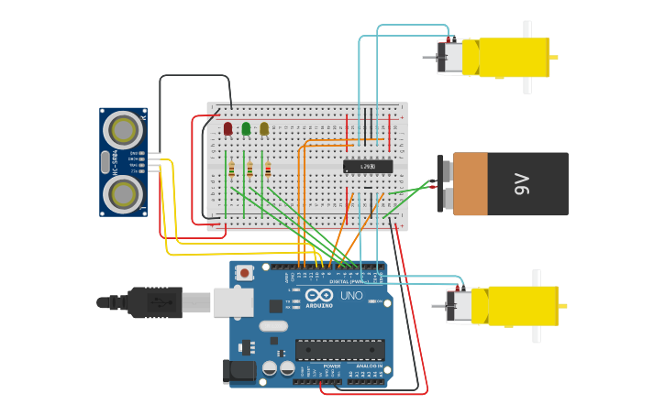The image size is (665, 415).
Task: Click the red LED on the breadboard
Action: (x=227, y=129)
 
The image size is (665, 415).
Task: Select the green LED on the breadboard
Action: (x=246, y=129)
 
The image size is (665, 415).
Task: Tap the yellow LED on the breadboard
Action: (x=264, y=129)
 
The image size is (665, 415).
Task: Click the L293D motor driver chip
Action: (x=368, y=166)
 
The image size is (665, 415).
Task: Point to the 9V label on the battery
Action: (x=522, y=184)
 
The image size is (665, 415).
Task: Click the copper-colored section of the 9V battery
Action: (x=470, y=184)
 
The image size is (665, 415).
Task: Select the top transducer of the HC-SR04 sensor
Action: (x=122, y=130)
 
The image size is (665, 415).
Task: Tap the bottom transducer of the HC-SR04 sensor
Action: (x=122, y=193)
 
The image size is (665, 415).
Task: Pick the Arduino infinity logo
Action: (x=320, y=296)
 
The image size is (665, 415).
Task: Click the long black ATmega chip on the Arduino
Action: (x=339, y=349)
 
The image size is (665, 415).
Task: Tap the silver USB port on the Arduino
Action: (x=233, y=302)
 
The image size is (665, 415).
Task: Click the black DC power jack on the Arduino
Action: (x=238, y=371)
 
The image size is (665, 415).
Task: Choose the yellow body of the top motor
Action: (x=514, y=57)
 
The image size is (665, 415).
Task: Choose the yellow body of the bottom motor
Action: (x=522, y=306)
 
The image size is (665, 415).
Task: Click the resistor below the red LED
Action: (x=232, y=169)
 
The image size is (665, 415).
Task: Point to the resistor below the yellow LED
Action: (x=268, y=169)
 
